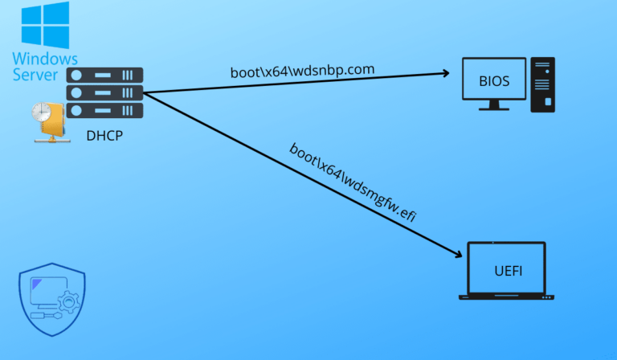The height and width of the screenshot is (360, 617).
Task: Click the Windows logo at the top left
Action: [46, 23]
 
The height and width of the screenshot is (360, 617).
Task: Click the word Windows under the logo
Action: [45, 59]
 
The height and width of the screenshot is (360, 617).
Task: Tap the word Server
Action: [35, 75]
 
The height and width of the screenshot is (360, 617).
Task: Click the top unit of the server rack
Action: [104, 75]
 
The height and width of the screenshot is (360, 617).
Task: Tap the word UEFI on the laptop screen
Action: [508, 270]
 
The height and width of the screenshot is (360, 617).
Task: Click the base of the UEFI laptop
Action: [507, 297]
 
